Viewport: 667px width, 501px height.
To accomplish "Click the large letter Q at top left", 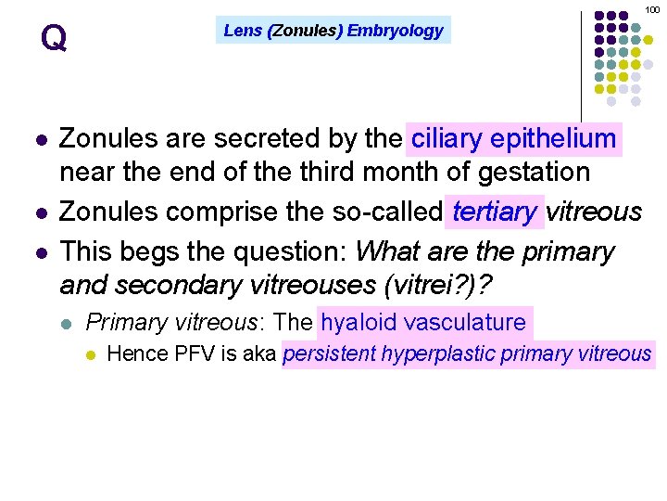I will click(54, 38).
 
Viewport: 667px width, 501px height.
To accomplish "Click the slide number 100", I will click(651, 8).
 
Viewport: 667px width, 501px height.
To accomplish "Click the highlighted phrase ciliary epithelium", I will click(514, 139).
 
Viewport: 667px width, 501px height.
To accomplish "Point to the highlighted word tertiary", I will click(495, 212).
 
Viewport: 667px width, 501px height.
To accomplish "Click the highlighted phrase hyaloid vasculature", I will click(423, 322).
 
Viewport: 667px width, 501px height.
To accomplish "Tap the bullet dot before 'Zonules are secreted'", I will click(39, 140).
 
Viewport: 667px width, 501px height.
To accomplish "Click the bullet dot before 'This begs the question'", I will click(39, 251).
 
